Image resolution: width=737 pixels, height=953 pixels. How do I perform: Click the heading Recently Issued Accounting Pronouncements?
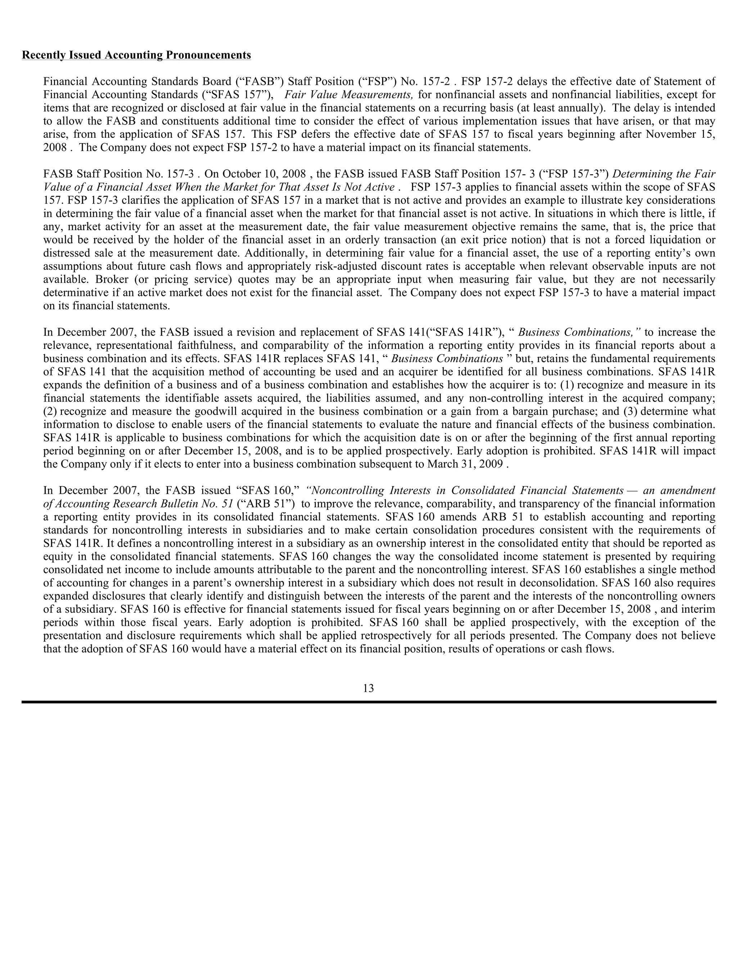pyautogui.click(x=136, y=55)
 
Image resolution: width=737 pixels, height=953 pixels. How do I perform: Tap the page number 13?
pyautogui.click(x=368, y=688)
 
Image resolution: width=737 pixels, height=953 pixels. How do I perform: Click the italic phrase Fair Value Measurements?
pyautogui.click(x=348, y=95)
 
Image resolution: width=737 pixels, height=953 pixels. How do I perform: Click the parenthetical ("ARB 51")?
pyautogui.click(x=266, y=503)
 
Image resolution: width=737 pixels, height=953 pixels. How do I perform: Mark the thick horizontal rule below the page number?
pyautogui.click(x=368, y=702)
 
